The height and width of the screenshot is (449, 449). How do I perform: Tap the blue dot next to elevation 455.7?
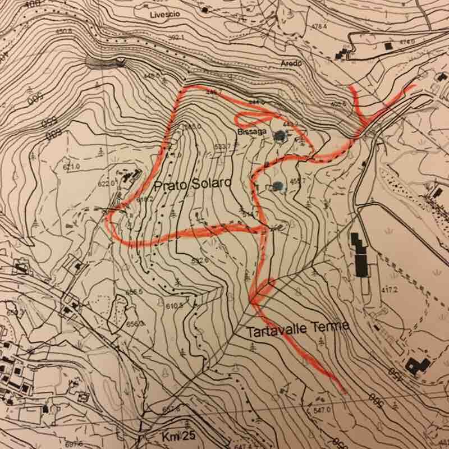pyautogui.click(x=278, y=187)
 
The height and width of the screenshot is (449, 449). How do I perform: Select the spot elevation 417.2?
pyautogui.click(x=389, y=290)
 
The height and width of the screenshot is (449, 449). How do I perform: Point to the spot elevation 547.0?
pyautogui.click(x=320, y=411)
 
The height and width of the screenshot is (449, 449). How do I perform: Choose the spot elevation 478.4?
pyautogui.click(x=318, y=26)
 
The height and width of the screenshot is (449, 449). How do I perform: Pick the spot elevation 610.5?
pyautogui.click(x=175, y=306)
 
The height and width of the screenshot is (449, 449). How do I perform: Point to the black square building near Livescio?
pyautogui.click(x=204, y=10)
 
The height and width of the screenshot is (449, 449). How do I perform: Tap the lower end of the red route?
pyautogui.click(x=342, y=389)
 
